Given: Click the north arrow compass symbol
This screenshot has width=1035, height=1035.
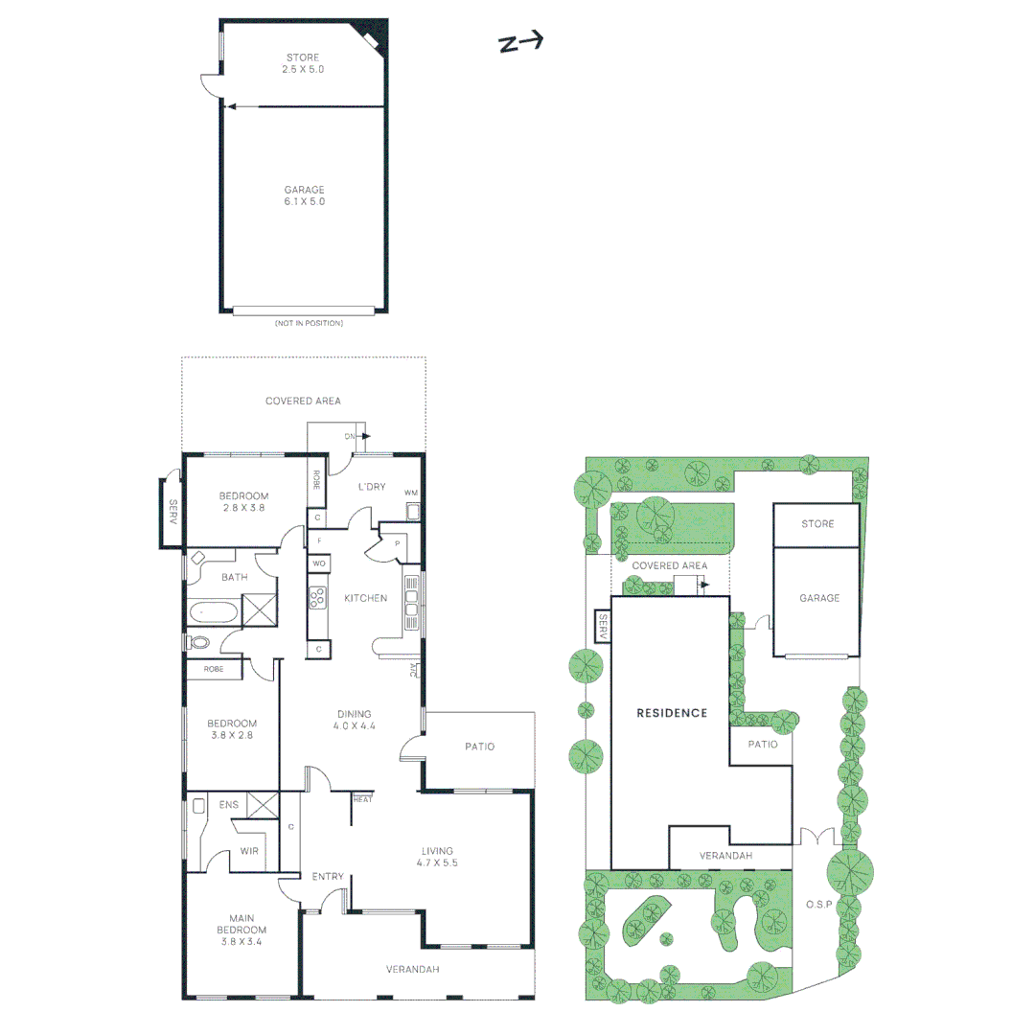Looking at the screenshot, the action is coord(520,42).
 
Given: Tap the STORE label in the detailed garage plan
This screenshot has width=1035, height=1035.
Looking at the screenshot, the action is coord(303,63).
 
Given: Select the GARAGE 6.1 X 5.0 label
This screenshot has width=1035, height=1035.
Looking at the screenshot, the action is coord(305,195).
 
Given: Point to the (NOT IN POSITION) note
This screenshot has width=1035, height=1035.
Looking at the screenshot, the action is coord(309,324).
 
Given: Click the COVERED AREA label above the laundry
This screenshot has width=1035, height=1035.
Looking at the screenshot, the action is coord(303,401).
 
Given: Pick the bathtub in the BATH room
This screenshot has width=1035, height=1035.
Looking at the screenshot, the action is coord(213,612).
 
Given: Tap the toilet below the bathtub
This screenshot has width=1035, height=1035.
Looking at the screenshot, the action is coord(197,642).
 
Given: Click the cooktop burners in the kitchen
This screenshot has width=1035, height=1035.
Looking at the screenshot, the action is coord(317,597).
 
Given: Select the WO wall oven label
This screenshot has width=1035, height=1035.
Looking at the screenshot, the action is coord(319,563).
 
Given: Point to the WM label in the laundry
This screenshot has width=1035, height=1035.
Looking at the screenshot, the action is coord(410,493).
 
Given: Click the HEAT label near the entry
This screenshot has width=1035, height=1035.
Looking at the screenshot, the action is coord(363,799).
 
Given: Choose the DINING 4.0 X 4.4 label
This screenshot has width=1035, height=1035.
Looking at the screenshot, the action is coord(354,720).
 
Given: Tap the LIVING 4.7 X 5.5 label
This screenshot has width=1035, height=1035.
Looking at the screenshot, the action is coord(437,857).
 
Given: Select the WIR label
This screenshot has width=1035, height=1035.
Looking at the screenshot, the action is coord(249,851).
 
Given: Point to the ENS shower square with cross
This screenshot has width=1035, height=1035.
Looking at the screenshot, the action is coord(263,805).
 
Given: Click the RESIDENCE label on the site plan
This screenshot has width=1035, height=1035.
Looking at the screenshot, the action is coord(672,713).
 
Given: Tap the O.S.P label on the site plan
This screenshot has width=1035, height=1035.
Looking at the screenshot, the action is coord(818,905).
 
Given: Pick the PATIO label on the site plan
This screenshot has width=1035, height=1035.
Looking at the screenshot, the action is coord(763,744).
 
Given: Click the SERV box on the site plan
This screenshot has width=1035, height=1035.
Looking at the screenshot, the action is coord(602,627).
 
